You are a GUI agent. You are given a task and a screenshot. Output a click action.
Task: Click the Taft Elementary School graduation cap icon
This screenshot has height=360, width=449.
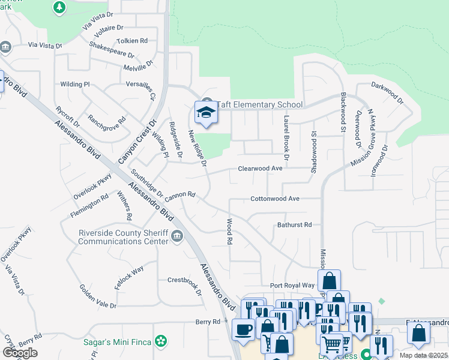pyautogui.click(x=205, y=112)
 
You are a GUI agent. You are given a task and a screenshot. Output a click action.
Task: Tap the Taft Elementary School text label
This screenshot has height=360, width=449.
pyautogui.click(x=259, y=104)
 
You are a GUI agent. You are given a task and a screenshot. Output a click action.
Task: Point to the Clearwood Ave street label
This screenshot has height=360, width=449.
pyautogui.click(x=260, y=169)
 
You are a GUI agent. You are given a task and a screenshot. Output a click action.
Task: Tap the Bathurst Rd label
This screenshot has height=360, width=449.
pyautogui.click(x=294, y=225)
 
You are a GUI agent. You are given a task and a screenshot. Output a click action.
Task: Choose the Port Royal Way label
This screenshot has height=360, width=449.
pyautogui.click(x=292, y=285)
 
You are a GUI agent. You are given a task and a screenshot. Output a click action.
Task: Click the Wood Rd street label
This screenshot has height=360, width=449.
pyautogui.click(x=229, y=231)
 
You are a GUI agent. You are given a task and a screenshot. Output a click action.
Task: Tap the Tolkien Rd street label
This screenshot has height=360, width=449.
pyautogui.click(x=134, y=41)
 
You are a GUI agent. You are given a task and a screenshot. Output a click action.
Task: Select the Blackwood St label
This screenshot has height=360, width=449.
pyautogui.click(x=343, y=112)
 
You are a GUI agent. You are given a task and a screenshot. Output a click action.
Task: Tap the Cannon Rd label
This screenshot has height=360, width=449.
pyautogui.click(x=181, y=194)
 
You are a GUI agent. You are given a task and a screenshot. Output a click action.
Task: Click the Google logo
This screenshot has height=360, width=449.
pyautogui.click(x=20, y=353)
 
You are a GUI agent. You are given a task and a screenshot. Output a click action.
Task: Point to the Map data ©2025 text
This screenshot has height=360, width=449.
pyautogui.click(x=423, y=355)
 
